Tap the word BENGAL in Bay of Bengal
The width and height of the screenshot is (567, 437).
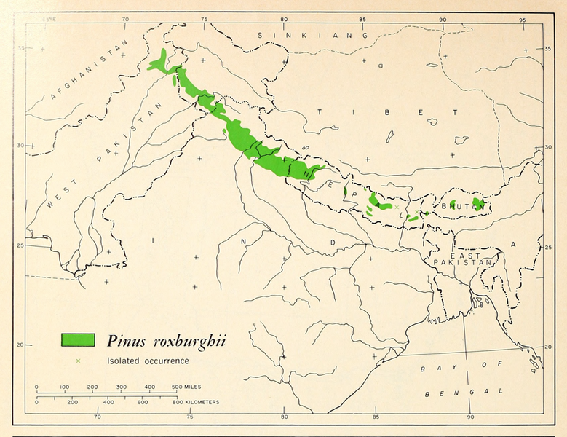coord(456,393)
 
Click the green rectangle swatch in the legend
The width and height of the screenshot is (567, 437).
coord(78,339)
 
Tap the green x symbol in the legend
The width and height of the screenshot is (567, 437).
coord(77,361)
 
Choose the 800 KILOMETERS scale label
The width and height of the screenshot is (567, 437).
coord(195,402)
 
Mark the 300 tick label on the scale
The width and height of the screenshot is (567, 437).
coord(122,387)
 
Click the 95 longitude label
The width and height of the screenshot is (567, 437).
coord(522,20)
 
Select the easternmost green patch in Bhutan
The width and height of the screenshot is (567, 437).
coord(478,202)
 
